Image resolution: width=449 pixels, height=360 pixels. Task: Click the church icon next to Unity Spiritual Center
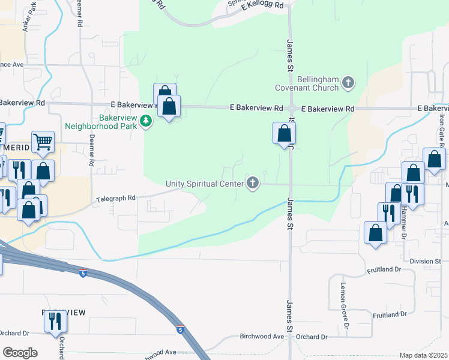(253, 183)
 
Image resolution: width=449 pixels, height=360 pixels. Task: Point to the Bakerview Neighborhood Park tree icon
(145, 122)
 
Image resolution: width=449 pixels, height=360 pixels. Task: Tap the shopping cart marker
(43, 143)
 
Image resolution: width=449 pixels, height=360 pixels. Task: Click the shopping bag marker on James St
(284, 134)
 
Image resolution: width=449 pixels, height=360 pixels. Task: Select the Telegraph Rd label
(116, 197)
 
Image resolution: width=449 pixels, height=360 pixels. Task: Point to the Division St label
(426, 261)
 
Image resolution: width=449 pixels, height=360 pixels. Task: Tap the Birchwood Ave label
(261, 337)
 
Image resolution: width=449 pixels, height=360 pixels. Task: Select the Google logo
(20, 352)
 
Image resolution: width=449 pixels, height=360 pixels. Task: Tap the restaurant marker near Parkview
(55, 322)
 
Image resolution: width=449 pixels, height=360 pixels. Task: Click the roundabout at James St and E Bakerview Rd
(291, 109)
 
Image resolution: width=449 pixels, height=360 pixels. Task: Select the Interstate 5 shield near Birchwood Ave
(180, 329)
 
